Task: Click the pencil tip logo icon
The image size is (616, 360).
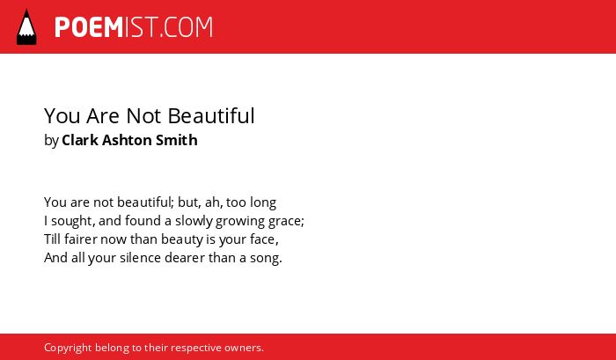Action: point(26,26)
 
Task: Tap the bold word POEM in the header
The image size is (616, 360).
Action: point(89,27)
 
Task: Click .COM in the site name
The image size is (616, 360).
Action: point(187,27)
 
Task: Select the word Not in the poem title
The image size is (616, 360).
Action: point(143,116)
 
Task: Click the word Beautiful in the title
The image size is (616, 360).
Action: point(211,116)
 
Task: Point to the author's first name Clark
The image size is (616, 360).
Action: point(80,140)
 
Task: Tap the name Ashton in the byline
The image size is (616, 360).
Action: point(127,140)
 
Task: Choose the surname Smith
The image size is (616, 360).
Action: point(176,140)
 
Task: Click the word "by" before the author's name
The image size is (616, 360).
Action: point(51,141)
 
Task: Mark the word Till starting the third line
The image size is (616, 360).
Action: point(52,239)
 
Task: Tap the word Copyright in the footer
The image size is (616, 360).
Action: point(68,349)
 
